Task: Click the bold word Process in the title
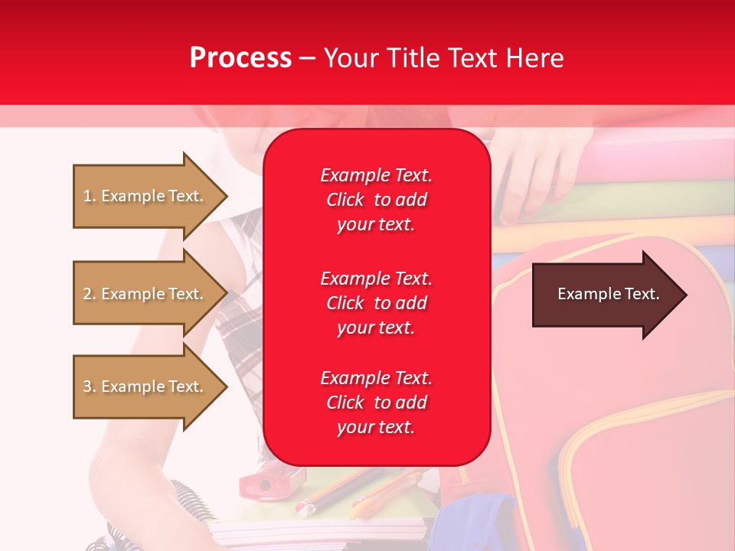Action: [240, 58]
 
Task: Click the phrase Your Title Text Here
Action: [443, 58]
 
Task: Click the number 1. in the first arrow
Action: [90, 196]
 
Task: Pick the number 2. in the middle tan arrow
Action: [90, 294]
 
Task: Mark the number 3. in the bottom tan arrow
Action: [90, 386]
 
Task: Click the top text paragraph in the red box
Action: [376, 200]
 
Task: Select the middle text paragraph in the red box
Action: [376, 303]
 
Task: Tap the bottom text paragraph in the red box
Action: [376, 403]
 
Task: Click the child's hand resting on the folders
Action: [532, 180]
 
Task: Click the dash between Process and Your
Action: [307, 59]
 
